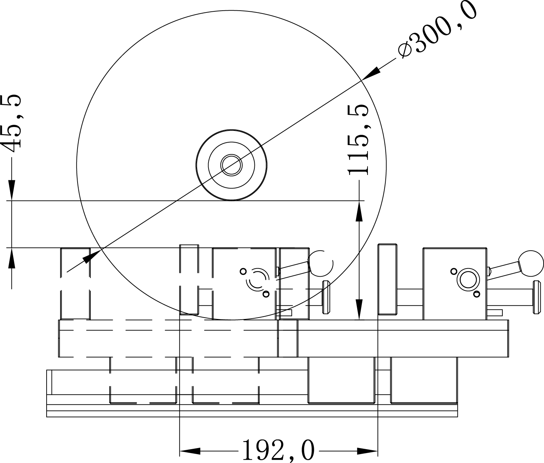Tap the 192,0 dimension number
pos(279,451)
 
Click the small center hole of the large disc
pos(232,165)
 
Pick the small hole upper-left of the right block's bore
pos(453,271)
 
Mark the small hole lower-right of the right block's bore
pos(476,293)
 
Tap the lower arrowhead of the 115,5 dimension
pos(360,309)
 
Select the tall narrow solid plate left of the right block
pos(387,280)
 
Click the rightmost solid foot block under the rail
pos(424,380)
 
